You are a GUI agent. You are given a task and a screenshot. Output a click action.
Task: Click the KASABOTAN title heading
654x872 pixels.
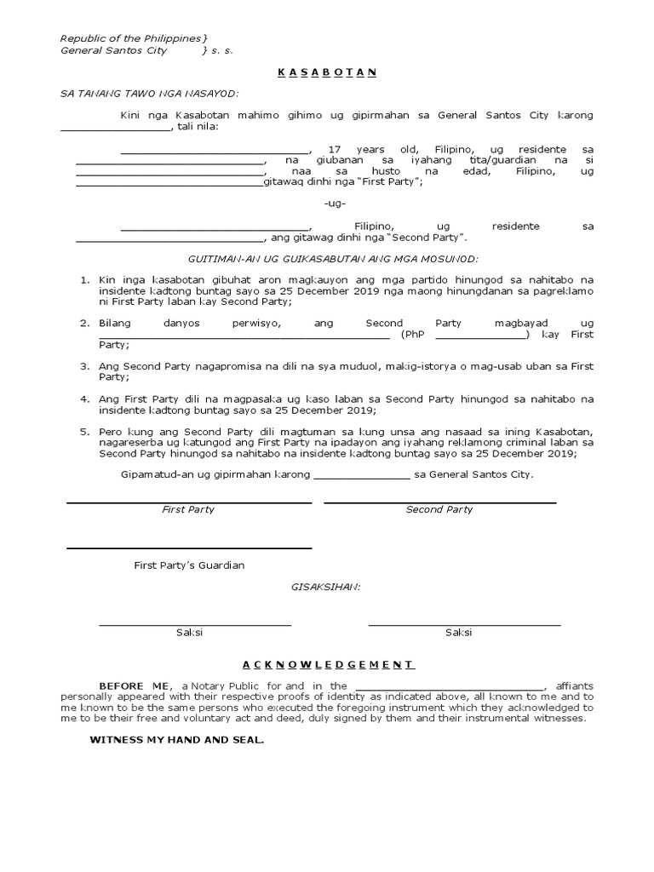pos(327,72)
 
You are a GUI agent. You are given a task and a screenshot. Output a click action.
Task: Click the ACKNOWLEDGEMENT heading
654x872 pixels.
pos(327,664)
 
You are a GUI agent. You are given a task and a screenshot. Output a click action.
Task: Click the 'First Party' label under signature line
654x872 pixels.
pos(188,509)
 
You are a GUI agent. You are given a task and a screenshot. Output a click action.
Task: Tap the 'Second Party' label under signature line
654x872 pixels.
pos(439,509)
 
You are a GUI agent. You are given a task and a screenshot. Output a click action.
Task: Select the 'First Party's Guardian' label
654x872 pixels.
pos(189,565)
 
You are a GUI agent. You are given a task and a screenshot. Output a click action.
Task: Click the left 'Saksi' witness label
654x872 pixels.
pos(189,633)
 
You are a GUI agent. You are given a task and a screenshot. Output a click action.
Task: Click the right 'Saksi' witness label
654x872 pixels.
pos(458,633)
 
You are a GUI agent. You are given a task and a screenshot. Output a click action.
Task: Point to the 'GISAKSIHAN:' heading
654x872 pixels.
pos(327,588)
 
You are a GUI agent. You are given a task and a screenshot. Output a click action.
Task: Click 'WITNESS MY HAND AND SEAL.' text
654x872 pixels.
pos(177,740)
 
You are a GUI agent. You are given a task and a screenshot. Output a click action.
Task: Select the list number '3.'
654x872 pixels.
pos(85,365)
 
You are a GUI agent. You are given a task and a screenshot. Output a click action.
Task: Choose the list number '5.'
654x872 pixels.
pos(85,432)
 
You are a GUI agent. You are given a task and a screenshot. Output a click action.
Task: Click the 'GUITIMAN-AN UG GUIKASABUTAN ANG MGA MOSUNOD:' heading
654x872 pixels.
pos(333,258)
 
